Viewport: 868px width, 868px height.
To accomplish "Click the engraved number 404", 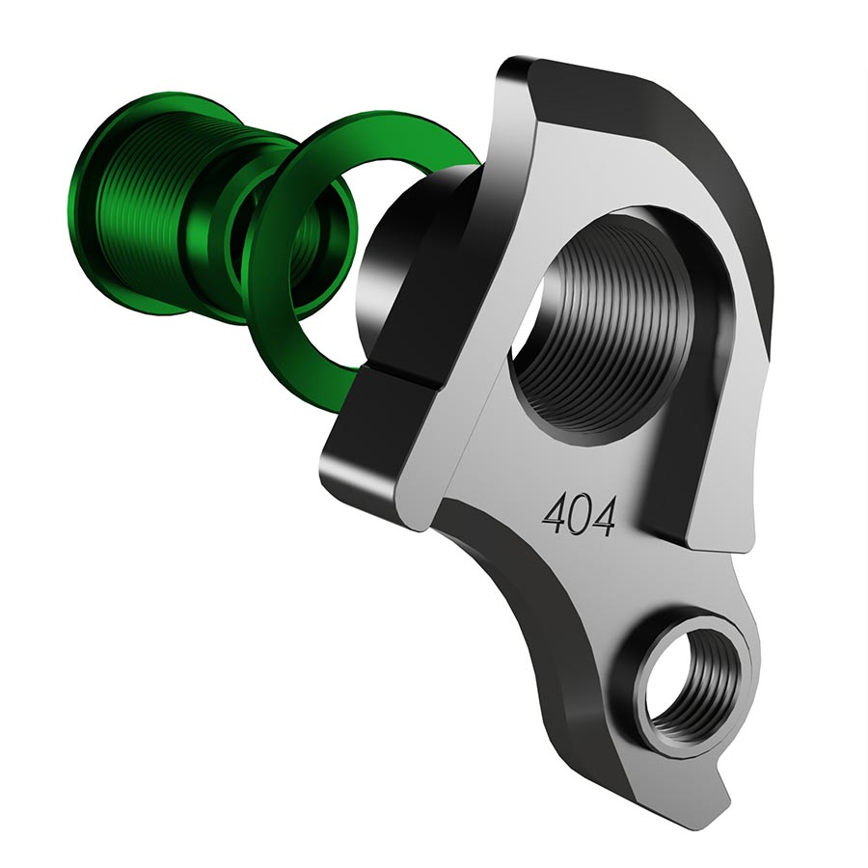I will click(579, 517).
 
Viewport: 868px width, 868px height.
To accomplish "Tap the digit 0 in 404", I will click(579, 518).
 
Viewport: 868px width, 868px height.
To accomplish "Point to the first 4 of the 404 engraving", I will click(555, 515).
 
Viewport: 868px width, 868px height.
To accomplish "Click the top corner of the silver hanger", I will click(516, 72).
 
